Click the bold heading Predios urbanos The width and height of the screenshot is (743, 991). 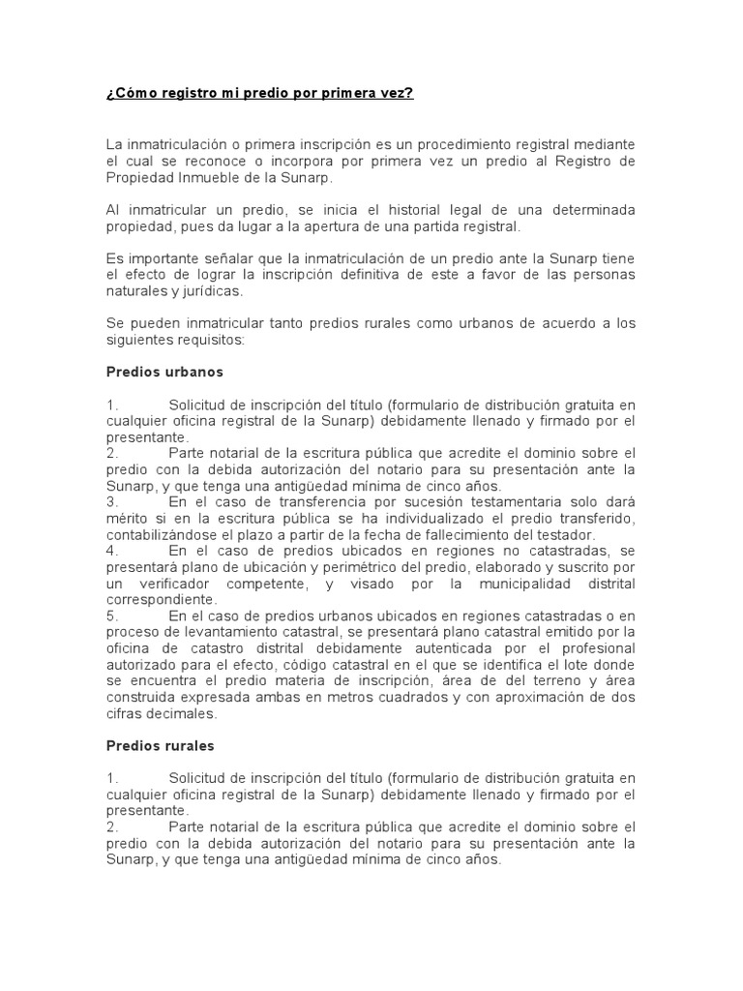[163, 372]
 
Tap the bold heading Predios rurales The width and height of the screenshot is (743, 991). [160, 745]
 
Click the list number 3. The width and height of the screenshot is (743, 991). [111, 502]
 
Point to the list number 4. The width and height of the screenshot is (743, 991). [111, 551]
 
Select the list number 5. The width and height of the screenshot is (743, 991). [111, 616]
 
